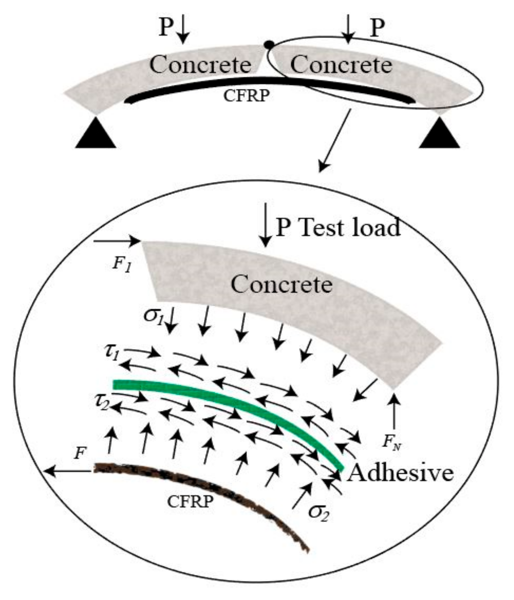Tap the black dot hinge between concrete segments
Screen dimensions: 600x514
pyautogui.click(x=269, y=45)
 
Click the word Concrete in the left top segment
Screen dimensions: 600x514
pyautogui.click(x=200, y=64)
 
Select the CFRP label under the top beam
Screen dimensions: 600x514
pyautogui.click(x=246, y=96)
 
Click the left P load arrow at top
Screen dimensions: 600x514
pyautogui.click(x=183, y=29)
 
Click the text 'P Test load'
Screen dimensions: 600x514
pyautogui.click(x=338, y=227)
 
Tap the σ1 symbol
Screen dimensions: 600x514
pyautogui.click(x=153, y=315)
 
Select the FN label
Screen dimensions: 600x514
pyautogui.click(x=391, y=442)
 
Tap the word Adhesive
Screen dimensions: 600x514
pyautogui.click(x=400, y=473)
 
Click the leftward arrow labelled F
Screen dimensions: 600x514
pyautogui.click(x=68, y=471)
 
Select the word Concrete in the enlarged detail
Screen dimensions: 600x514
pyautogui.click(x=282, y=284)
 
